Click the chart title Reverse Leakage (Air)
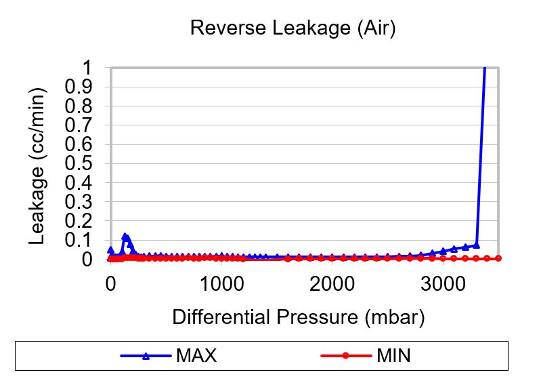[293, 28]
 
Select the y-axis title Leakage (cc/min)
[38, 165]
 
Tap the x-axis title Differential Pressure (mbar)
[298, 317]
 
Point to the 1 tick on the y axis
[86, 68]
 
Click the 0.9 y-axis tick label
[79, 87]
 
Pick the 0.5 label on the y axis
[79, 163]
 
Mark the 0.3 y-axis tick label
[79, 202]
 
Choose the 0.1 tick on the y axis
[79, 240]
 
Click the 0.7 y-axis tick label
[79, 125]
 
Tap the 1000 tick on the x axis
[221, 283]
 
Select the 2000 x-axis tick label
[332, 283]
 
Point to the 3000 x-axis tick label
[444, 283]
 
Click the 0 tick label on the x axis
[110, 283]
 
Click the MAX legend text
[196, 356]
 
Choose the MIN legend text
[393, 356]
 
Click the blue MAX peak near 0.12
[125, 237]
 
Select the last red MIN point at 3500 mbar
[498, 258]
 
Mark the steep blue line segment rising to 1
[481, 156]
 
